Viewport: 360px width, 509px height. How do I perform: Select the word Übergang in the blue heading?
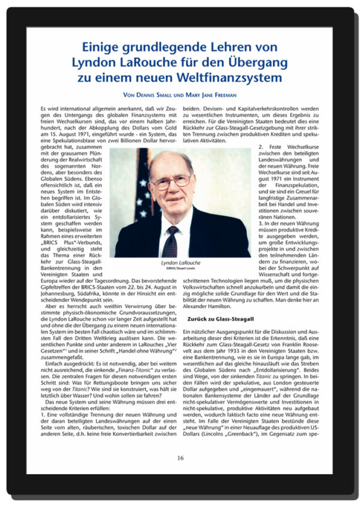pyautogui.click(x=254, y=62)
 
